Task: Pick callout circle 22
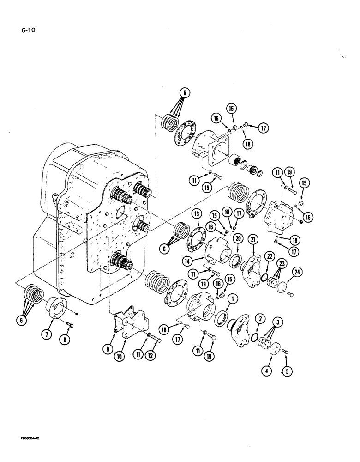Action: click(x=269, y=256)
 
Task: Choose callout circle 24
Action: click(x=297, y=272)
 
